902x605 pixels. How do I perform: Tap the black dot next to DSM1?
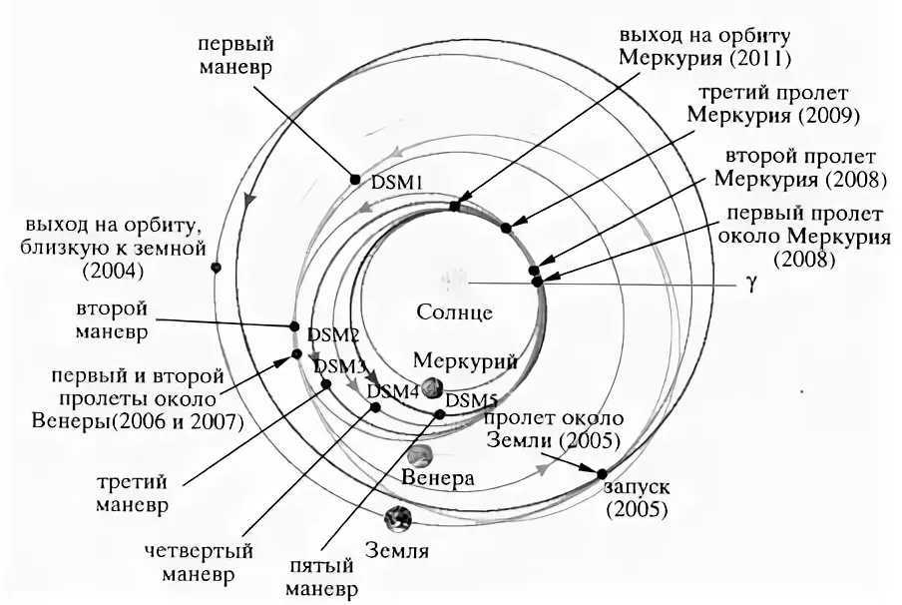click(354, 179)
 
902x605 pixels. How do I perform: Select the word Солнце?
click(454, 311)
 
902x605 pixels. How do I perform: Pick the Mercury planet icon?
click(432, 387)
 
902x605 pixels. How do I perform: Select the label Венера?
click(436, 478)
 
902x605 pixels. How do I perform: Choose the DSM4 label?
click(393, 391)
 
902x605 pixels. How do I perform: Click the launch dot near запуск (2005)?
click(602, 473)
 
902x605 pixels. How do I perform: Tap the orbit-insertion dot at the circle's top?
click(454, 207)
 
